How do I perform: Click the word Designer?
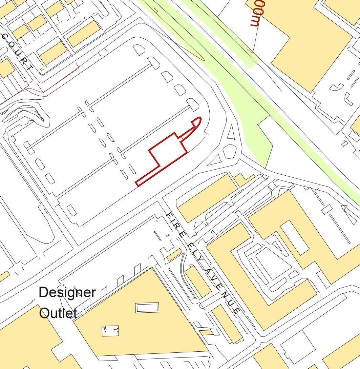pyautogui.click(x=67, y=292)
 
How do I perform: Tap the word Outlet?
pyautogui.click(x=58, y=313)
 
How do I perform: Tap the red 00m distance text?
pyautogui.click(x=256, y=14)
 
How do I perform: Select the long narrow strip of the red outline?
pyautogui.click(x=148, y=176)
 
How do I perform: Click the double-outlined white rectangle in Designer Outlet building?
pyautogui.click(x=147, y=308)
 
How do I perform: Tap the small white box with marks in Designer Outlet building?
pyautogui.click(x=110, y=331)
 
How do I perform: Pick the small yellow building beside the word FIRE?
pyautogui.click(x=174, y=255)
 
